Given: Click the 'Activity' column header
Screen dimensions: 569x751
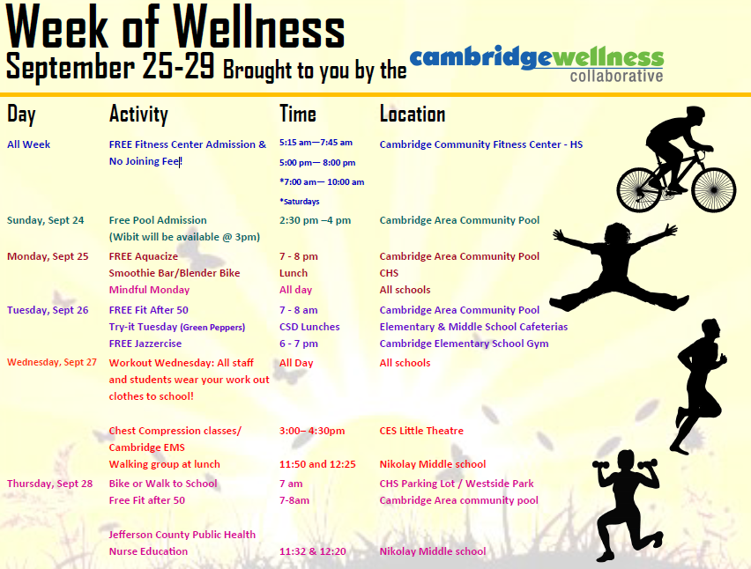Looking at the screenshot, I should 138,114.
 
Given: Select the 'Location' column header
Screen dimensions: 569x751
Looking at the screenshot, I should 412,114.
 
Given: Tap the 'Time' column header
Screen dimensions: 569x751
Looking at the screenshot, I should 297,114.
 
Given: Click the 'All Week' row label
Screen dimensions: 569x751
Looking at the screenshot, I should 29,144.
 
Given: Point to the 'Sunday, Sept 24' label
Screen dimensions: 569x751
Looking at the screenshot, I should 45,220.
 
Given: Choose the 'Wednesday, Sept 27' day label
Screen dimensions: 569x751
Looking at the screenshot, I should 52,363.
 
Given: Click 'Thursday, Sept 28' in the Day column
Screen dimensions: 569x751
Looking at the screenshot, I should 49,484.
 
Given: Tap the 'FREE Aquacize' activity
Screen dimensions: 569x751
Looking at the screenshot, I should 143,256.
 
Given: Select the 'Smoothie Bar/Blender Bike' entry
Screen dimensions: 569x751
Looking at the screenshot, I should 175,273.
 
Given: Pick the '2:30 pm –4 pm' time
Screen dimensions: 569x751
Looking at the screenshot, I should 315,220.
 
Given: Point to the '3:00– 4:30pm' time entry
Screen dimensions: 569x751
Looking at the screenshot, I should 311,431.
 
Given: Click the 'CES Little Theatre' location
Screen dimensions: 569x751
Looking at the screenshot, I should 421,431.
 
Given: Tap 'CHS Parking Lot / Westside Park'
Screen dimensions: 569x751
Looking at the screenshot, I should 457,484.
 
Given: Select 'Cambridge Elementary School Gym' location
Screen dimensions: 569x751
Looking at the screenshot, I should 464,344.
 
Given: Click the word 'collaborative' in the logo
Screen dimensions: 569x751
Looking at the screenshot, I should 616,76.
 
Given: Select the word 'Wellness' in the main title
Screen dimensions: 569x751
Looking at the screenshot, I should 259,29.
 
